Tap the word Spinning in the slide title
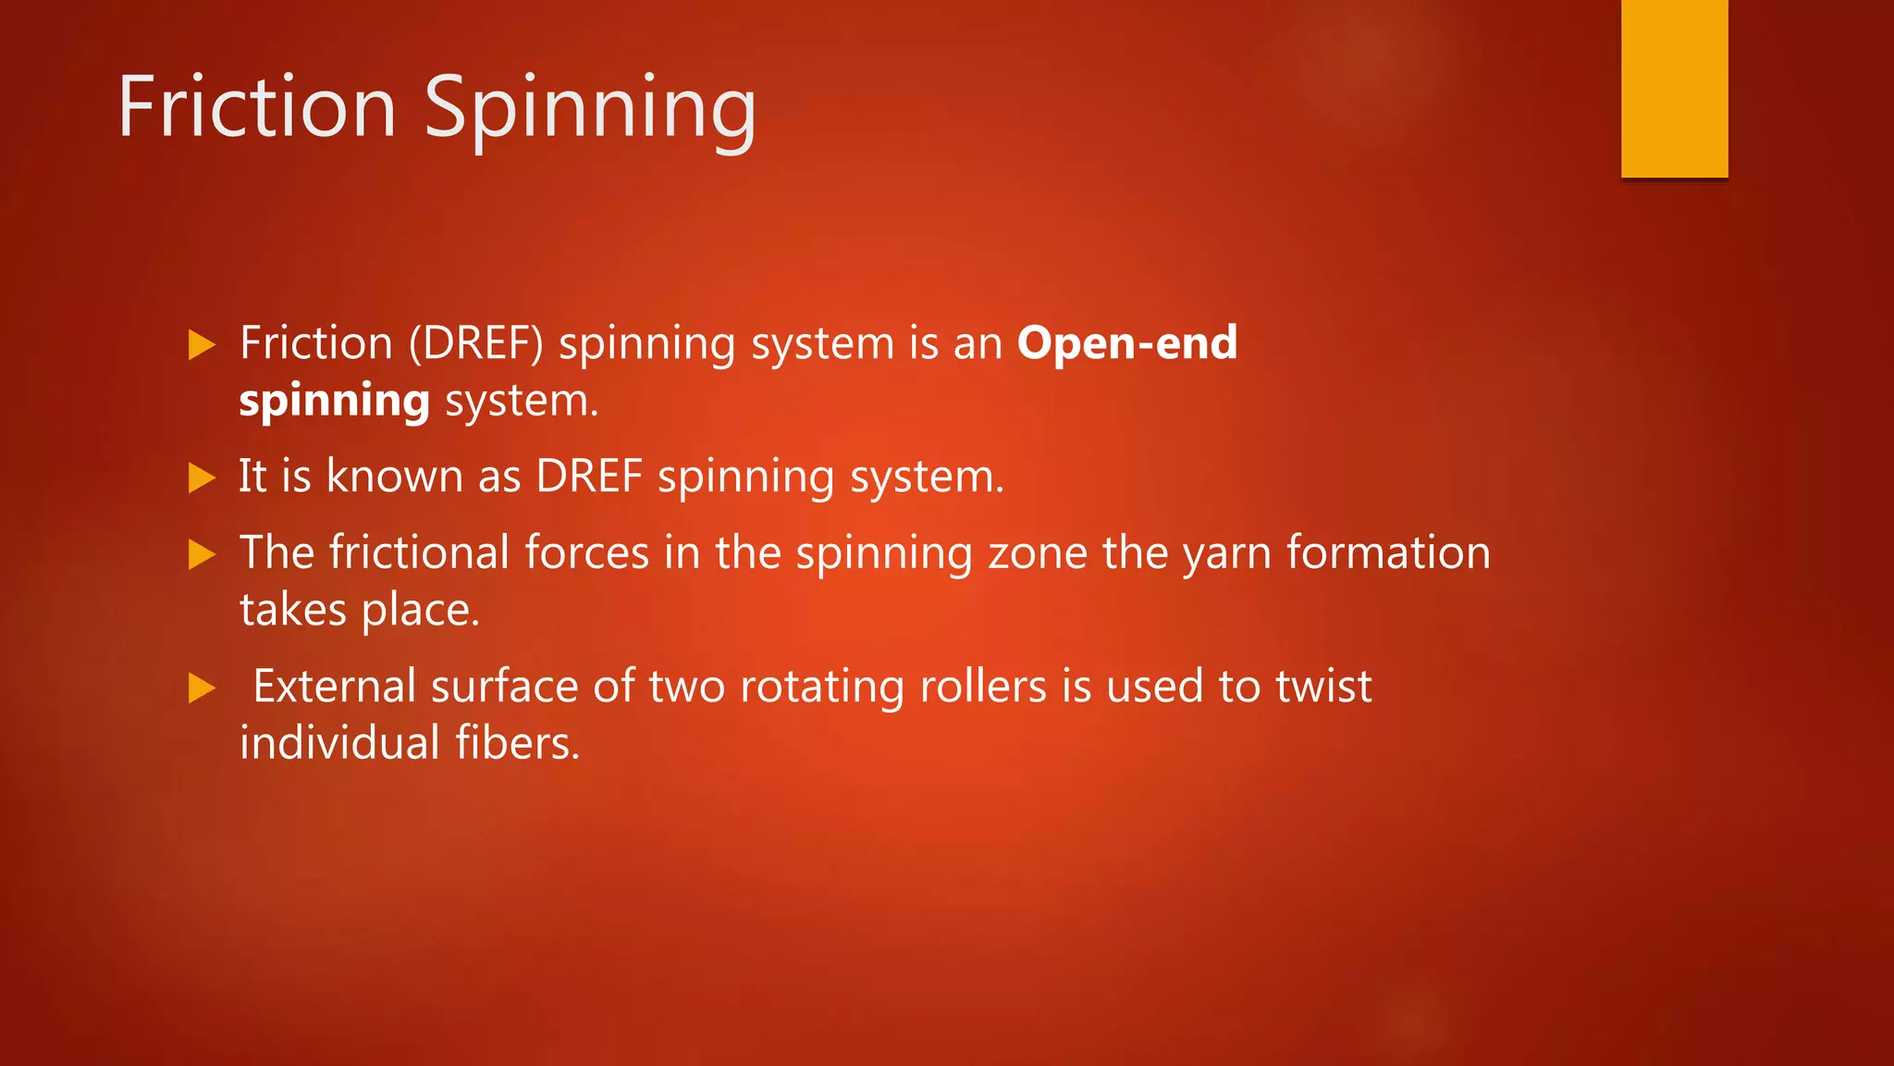[590, 109]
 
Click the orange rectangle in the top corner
[1674, 88]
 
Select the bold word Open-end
[1126, 343]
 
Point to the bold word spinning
[334, 402]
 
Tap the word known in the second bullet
[395, 477]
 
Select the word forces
[587, 552]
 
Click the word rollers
[983, 687]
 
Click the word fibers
[517, 743]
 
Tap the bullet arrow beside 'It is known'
[202, 478]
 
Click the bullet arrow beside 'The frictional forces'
[202, 554]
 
